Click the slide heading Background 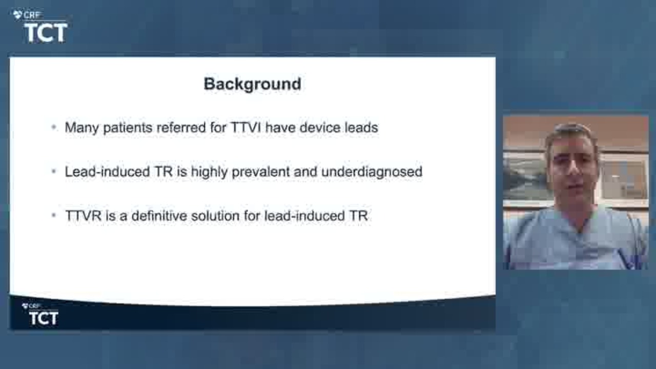(253, 85)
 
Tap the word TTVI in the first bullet (245, 128)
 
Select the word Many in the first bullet (82, 128)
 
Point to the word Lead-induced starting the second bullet (107, 171)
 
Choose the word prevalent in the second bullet (261, 172)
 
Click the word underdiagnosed (372, 172)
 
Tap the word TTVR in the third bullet (84, 216)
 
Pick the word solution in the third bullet (215, 216)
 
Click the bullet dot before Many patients (54, 127)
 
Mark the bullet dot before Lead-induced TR (54, 171)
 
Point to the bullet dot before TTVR (54, 215)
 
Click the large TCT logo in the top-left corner (46, 32)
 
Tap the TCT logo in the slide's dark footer (44, 318)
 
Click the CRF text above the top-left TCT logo (31, 14)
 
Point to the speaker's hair (571, 135)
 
